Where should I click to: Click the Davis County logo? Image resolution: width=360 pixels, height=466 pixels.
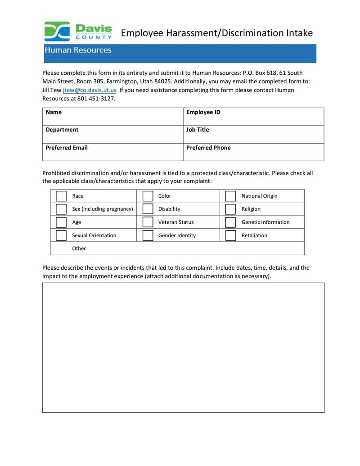tap(78, 31)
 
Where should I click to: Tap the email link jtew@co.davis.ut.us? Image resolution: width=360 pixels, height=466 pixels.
tap(90, 90)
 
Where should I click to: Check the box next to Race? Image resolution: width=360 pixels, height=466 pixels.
tap(61, 196)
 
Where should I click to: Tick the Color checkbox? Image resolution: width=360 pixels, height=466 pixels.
tap(148, 196)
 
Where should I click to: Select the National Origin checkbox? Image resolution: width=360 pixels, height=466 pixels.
tap(230, 196)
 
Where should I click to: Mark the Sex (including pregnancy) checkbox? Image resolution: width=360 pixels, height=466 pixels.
tap(61, 209)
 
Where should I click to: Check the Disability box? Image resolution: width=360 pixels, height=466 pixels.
tap(148, 209)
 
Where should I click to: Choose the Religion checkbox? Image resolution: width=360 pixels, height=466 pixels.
tap(230, 209)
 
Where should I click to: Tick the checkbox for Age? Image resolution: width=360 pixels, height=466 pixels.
tap(61, 222)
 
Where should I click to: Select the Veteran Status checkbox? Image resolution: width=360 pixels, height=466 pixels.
tap(148, 222)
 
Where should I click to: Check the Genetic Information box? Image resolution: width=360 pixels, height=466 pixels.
tap(230, 222)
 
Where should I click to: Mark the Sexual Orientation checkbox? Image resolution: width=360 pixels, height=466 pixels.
tap(61, 235)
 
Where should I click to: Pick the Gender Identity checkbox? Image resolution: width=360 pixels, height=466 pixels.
tap(148, 235)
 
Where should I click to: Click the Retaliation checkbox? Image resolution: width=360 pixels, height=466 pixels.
tap(230, 235)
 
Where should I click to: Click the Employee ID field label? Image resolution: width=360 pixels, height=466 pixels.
tap(203, 112)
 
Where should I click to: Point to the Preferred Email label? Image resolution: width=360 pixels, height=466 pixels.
tap(67, 148)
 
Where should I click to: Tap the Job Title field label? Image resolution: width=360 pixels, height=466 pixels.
tap(198, 130)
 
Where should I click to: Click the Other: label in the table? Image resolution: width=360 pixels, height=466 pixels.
tap(80, 249)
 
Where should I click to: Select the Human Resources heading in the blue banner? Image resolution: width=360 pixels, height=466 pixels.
tap(78, 50)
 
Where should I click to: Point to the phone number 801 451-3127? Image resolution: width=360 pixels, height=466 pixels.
tap(96, 99)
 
